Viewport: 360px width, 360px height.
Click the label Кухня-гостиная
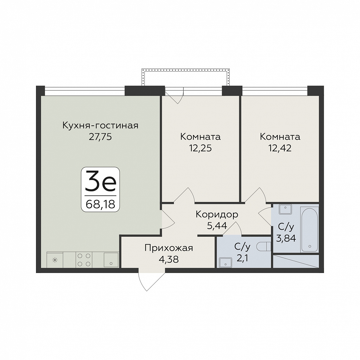point(100,126)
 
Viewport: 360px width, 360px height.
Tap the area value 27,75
point(100,137)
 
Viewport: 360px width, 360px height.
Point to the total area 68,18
point(100,204)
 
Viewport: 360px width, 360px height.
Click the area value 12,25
point(200,148)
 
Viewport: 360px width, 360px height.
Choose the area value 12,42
point(280,148)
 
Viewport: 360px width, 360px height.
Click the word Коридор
point(217,215)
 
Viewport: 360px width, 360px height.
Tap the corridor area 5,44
point(217,226)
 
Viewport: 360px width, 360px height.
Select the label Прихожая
point(169,248)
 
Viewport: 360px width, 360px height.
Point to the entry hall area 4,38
point(169,259)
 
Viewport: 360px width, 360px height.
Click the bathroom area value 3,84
point(286,238)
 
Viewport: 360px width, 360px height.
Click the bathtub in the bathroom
point(309,230)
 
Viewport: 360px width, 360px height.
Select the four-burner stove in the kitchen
point(84,260)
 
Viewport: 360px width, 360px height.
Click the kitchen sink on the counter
point(111,260)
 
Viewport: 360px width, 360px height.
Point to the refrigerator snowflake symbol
point(55,260)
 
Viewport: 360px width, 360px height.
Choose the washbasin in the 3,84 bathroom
point(285,209)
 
